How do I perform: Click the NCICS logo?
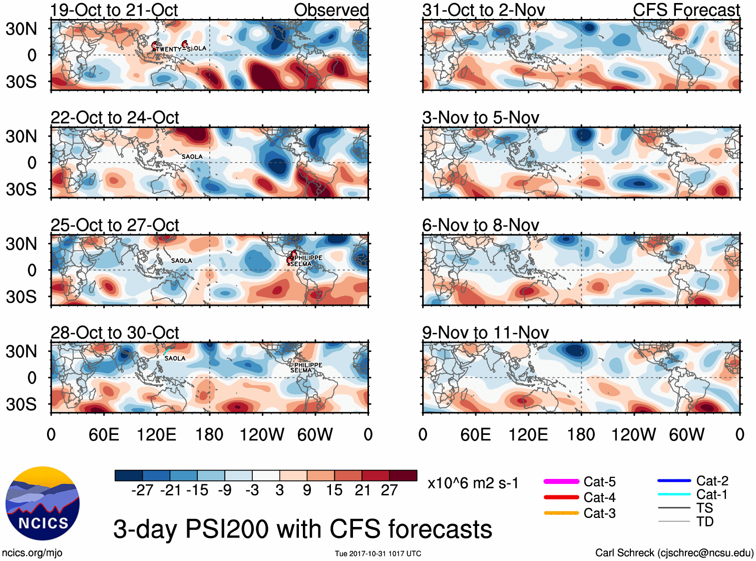(43, 503)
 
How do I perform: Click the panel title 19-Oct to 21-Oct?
(114, 10)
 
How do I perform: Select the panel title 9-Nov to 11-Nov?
(485, 332)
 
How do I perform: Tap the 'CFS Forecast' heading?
(686, 10)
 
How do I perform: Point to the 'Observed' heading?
(331, 10)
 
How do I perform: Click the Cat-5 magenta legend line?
(561, 481)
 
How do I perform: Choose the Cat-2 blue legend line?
(674, 480)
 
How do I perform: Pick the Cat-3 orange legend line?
(561, 513)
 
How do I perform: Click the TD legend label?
(704, 521)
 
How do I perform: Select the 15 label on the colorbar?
(334, 490)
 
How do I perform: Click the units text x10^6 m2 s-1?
(473, 483)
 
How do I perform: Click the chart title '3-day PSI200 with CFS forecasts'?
(302, 529)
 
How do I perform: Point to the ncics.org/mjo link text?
(32, 552)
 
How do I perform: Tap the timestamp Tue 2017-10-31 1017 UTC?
(378, 553)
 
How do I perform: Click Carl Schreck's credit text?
(674, 552)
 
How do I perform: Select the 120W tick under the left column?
(262, 434)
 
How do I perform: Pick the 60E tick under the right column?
(475, 434)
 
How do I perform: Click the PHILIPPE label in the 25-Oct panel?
(308, 258)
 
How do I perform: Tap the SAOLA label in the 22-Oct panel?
(192, 157)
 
